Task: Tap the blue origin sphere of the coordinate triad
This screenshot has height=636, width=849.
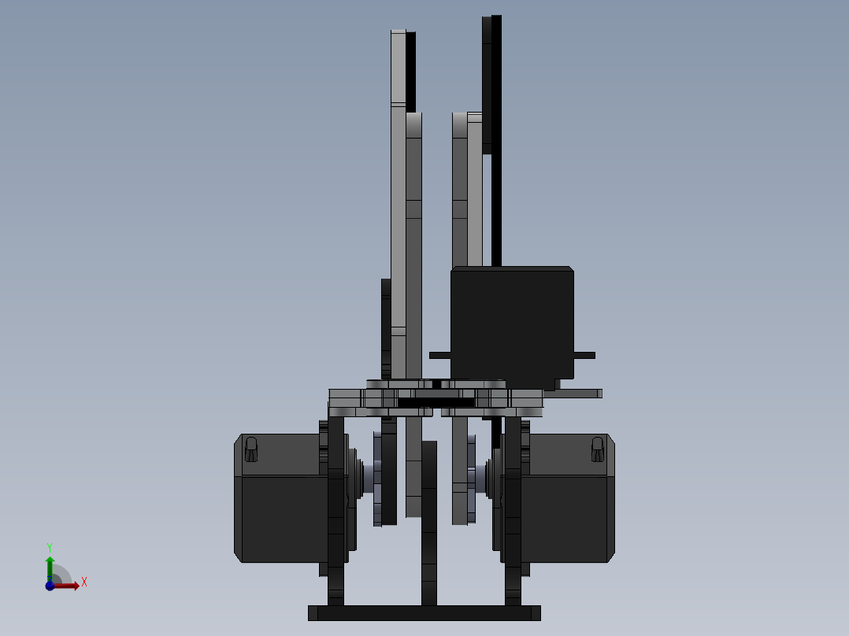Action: pos(50,586)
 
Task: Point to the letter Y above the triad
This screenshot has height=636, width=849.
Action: pos(50,546)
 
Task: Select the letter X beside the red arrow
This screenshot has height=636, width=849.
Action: pos(83,582)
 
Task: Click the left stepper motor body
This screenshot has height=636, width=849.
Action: pos(280,512)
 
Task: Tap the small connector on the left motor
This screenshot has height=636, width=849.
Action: pos(251,449)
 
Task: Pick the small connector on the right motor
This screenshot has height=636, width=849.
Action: pos(597,449)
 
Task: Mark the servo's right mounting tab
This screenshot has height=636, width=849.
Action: pos(584,355)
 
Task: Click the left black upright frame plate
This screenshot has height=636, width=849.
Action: pos(336,512)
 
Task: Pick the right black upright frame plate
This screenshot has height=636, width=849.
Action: pos(513,512)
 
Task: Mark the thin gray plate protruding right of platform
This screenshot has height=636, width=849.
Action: pos(579,393)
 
